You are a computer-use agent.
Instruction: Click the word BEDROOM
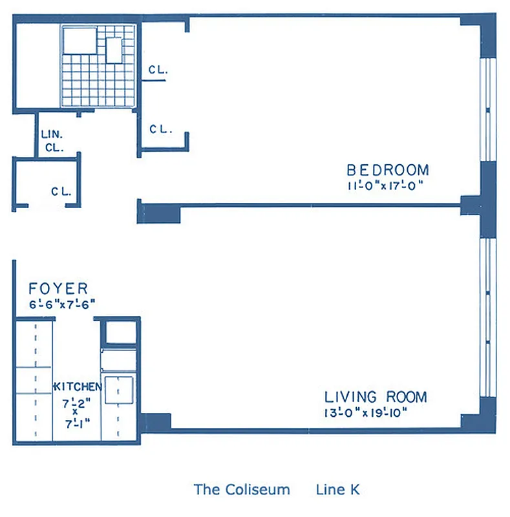click(387, 170)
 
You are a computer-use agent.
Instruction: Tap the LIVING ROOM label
click(375, 397)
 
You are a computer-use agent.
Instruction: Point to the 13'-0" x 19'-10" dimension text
click(367, 412)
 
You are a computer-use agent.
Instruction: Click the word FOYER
click(58, 289)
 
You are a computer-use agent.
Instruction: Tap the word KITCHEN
click(77, 386)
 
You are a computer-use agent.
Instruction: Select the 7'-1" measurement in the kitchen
click(76, 423)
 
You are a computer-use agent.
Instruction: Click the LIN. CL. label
click(52, 141)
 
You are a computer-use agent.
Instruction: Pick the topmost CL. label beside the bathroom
click(158, 70)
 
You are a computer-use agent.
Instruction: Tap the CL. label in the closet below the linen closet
click(61, 191)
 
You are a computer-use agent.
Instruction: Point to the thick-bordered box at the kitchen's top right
click(120, 333)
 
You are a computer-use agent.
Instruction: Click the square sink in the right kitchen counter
click(119, 390)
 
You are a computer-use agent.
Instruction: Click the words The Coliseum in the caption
click(242, 489)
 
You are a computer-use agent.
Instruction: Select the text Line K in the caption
click(338, 489)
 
